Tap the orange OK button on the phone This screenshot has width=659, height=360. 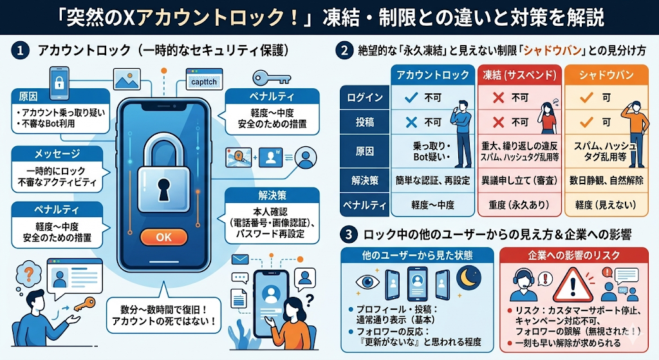point(163,237)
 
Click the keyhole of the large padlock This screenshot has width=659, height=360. point(163,189)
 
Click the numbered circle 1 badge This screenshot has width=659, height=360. point(20,51)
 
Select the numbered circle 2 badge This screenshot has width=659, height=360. point(344,51)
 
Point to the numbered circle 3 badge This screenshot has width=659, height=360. point(348,234)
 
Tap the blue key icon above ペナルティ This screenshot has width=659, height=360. point(271,78)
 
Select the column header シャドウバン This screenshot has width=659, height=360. point(606,75)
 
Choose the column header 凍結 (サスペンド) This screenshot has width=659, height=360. point(519,75)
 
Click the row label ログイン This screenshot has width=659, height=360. point(365,98)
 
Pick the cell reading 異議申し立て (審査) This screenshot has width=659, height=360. point(519,180)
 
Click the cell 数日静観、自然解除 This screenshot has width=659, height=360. point(606,180)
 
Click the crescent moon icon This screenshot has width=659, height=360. point(469,278)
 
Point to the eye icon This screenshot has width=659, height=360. point(367,282)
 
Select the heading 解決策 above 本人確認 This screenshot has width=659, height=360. point(272,196)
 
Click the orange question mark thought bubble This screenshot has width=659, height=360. point(28,274)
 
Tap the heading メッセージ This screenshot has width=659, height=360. point(57,154)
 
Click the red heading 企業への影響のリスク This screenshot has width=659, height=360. point(574,255)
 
